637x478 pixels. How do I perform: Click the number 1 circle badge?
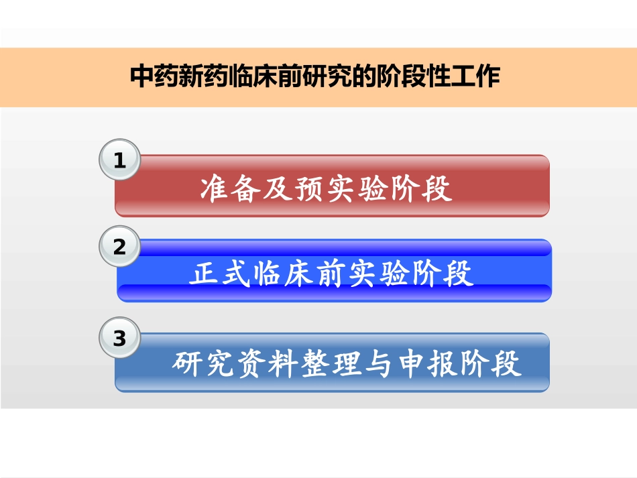point(120,161)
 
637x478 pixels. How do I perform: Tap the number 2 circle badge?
point(120,247)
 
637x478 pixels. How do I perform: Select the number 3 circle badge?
point(120,339)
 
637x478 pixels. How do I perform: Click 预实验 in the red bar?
point(342,190)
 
